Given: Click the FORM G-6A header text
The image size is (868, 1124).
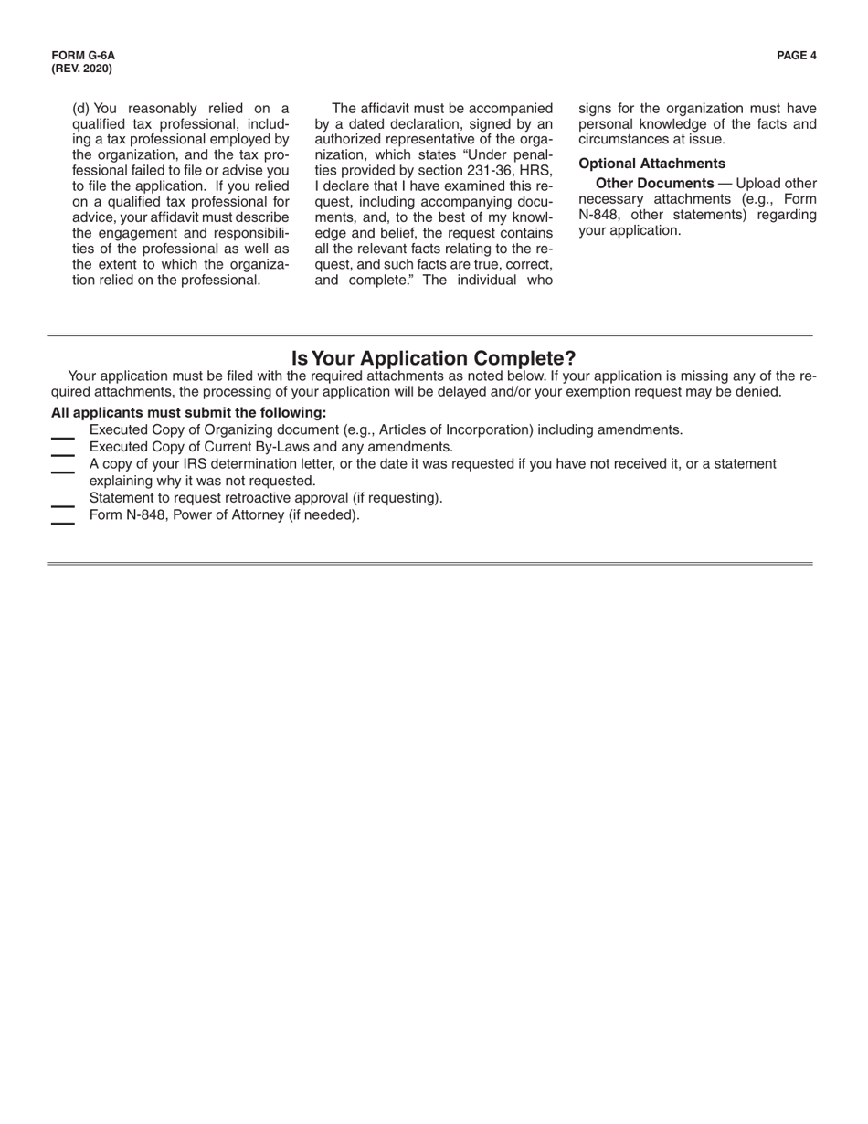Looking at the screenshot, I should click(83, 56).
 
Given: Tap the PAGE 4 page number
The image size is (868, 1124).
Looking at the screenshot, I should click(796, 56).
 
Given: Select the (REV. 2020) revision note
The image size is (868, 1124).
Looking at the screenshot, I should click(81, 69).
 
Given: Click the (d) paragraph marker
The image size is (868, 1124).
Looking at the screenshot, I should click(81, 108).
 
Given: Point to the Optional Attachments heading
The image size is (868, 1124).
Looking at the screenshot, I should click(651, 164).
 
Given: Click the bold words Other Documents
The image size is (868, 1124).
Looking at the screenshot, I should click(654, 183).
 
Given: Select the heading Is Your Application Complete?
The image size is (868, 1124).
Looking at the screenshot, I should click(433, 358).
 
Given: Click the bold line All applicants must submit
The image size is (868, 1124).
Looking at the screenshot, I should click(188, 412).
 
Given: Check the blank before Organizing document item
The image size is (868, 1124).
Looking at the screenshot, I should click(63, 438).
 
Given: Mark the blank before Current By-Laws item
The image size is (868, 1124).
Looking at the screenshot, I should click(63, 454).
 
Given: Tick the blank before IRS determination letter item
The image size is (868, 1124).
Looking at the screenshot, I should click(63, 471).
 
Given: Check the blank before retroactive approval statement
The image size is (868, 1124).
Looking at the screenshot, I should click(63, 505).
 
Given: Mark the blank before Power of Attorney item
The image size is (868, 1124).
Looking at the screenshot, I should click(63, 522).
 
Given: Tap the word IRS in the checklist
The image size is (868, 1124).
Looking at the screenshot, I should click(196, 464).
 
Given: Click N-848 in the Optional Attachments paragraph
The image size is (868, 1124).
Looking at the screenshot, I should click(600, 215).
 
